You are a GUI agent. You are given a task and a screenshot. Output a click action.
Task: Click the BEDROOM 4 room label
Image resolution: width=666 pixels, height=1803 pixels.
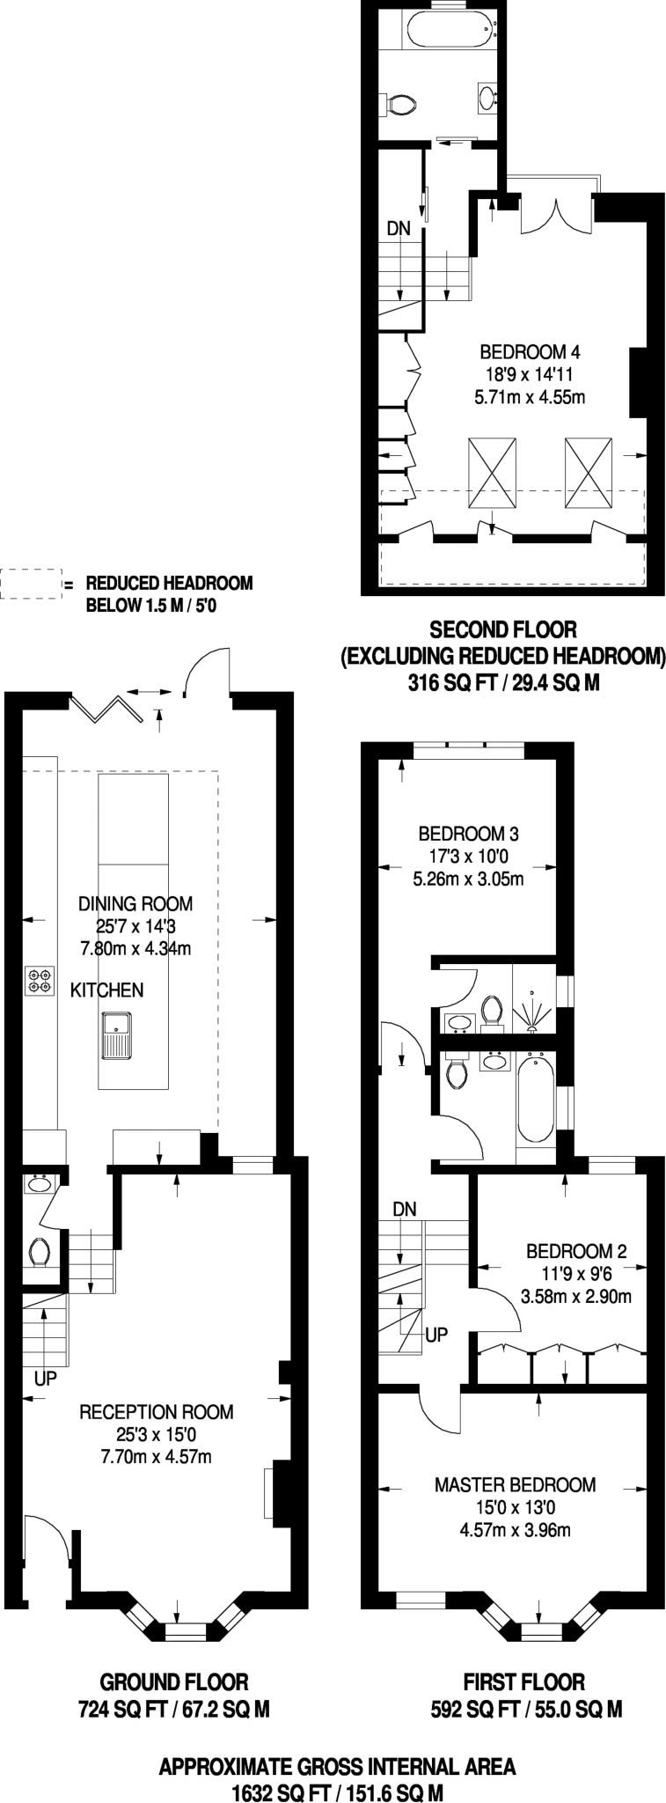[530, 352]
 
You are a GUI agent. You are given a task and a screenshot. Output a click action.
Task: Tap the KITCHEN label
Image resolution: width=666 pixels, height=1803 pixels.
[106, 990]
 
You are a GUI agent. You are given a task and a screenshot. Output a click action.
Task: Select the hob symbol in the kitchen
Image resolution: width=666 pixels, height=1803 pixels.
[39, 981]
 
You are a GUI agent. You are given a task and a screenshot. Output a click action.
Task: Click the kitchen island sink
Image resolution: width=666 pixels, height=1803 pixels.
[116, 1035]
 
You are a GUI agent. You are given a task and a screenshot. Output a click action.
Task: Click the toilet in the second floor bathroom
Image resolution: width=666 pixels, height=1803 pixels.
[401, 105]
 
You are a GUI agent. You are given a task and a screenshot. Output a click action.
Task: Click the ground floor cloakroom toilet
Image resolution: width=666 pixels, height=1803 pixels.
[39, 1250]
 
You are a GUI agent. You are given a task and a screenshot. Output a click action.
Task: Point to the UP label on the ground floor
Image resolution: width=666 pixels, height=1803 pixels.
[46, 1379]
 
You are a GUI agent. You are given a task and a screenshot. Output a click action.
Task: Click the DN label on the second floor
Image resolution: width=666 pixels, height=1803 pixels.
[399, 228]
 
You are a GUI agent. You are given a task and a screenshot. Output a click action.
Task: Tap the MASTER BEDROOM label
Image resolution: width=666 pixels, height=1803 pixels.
[515, 1485]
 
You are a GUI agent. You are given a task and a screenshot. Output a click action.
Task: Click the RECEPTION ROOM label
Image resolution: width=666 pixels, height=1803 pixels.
[157, 1412]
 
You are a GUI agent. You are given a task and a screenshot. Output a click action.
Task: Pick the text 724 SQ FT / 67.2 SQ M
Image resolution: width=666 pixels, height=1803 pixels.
[173, 1710]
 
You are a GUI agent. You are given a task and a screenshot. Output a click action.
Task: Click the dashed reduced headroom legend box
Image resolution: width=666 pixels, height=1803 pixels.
[28, 585]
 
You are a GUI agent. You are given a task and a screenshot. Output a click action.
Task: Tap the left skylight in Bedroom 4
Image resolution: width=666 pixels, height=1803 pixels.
[491, 473]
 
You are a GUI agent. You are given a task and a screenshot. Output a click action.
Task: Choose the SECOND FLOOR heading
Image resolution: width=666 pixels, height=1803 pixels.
[502, 629]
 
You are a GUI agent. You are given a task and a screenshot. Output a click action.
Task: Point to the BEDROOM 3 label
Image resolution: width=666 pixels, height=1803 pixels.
[468, 833]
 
